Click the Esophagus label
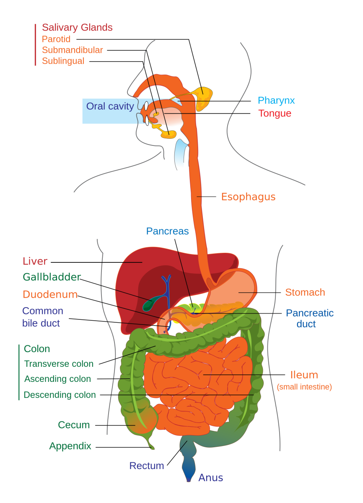click(248, 197)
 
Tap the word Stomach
click(305, 292)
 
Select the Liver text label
click(35, 261)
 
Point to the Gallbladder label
click(52, 277)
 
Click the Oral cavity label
click(110, 106)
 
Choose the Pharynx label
click(276, 101)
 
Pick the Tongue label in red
click(275, 114)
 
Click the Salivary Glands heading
click(77, 28)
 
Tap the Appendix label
click(70, 446)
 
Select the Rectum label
click(146, 466)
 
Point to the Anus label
click(210, 478)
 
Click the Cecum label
click(74, 425)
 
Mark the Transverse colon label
click(59, 364)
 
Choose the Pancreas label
click(167, 231)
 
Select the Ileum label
click(304, 375)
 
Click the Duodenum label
click(50, 294)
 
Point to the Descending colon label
click(60, 395)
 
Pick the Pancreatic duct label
click(309, 318)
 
